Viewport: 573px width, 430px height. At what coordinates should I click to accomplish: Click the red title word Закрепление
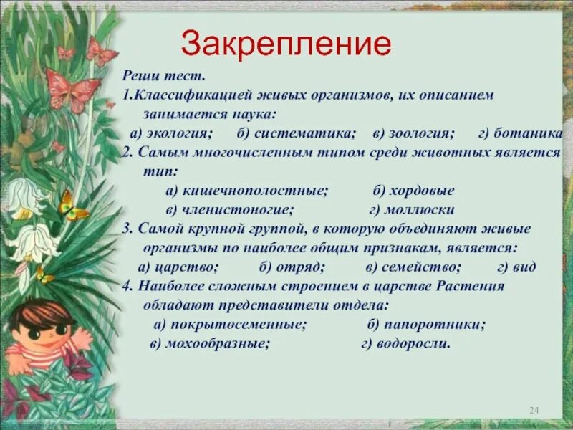286,44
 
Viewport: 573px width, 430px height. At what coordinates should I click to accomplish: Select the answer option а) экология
170,134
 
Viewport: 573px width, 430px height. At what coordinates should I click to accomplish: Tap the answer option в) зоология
413,134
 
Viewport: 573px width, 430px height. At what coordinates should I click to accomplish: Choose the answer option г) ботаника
521,134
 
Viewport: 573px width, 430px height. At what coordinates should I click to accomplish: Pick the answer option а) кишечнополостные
246,191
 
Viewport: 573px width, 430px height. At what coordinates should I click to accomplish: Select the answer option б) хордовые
413,191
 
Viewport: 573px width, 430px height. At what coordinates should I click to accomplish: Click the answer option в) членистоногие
229,210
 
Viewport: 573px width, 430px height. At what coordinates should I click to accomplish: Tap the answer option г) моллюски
412,210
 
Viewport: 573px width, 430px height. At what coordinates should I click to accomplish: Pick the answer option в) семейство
413,267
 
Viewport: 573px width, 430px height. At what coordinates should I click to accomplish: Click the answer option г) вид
516,267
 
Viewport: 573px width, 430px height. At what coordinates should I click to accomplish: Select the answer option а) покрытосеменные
230,324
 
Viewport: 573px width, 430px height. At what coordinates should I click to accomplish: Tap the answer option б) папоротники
426,324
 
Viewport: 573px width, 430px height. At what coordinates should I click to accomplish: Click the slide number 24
533,409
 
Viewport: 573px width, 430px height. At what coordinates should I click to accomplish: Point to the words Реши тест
164,76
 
